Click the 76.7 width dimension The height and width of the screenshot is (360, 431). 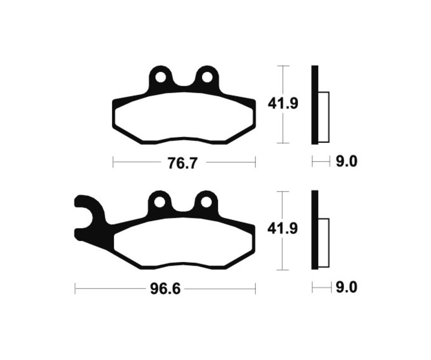182,163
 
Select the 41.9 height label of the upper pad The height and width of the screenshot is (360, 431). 284,103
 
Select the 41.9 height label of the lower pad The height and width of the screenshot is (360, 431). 283,228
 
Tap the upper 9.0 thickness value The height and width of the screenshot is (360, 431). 346,162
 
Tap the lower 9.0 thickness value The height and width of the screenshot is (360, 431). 346,288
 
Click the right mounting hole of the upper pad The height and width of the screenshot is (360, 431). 206,77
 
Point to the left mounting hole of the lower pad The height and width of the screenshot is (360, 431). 160,202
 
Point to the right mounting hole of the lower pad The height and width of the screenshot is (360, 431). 206,202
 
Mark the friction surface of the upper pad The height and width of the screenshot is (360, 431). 184,117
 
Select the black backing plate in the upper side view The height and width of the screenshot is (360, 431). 314,104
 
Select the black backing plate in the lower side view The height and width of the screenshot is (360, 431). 314,230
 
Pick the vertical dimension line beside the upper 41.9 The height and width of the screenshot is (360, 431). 284,129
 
